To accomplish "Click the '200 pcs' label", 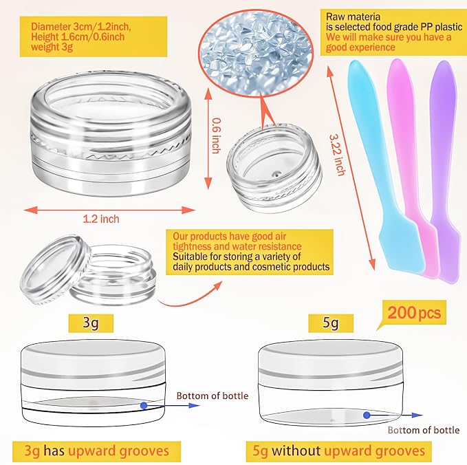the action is point(413,313).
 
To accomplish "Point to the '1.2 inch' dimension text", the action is point(101,219).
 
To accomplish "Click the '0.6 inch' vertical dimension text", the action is point(216,136).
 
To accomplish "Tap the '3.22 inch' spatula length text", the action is point(338,154).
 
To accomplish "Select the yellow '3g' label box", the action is point(91,323).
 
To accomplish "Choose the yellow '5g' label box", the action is point(331,323).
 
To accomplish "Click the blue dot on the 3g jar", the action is point(144,405).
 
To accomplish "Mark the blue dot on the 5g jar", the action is point(367,415).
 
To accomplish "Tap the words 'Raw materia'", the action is point(353,17).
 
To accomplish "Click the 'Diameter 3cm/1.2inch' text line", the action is point(81,27).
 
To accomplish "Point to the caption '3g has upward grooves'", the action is point(96,451).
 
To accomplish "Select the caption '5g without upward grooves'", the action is point(338,451).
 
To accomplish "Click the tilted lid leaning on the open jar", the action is point(56,270).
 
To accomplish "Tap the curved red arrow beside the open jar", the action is point(190,295).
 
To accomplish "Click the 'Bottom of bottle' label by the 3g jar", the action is point(213,396).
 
